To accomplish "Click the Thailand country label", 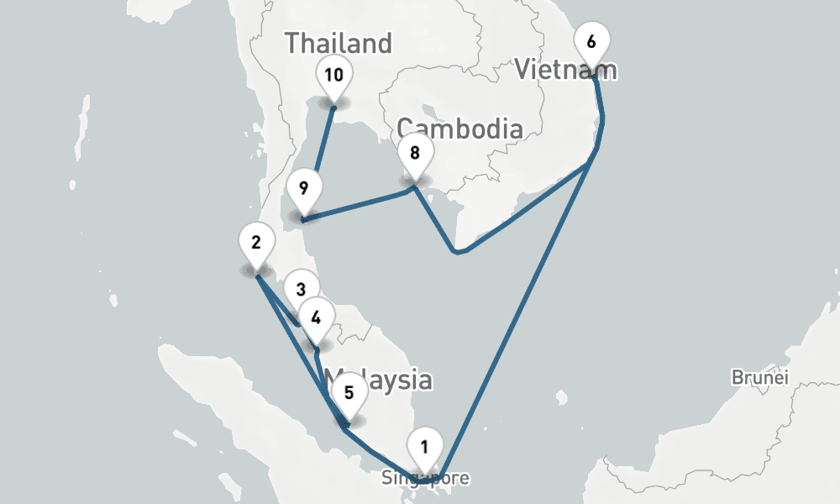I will [x=339, y=43].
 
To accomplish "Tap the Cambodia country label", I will [x=459, y=129].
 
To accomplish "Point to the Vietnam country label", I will [x=566, y=70].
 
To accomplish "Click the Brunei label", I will [x=760, y=377].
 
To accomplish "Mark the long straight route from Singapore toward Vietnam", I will [x=521, y=311].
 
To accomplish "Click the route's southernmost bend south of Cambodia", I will [x=455, y=250].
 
